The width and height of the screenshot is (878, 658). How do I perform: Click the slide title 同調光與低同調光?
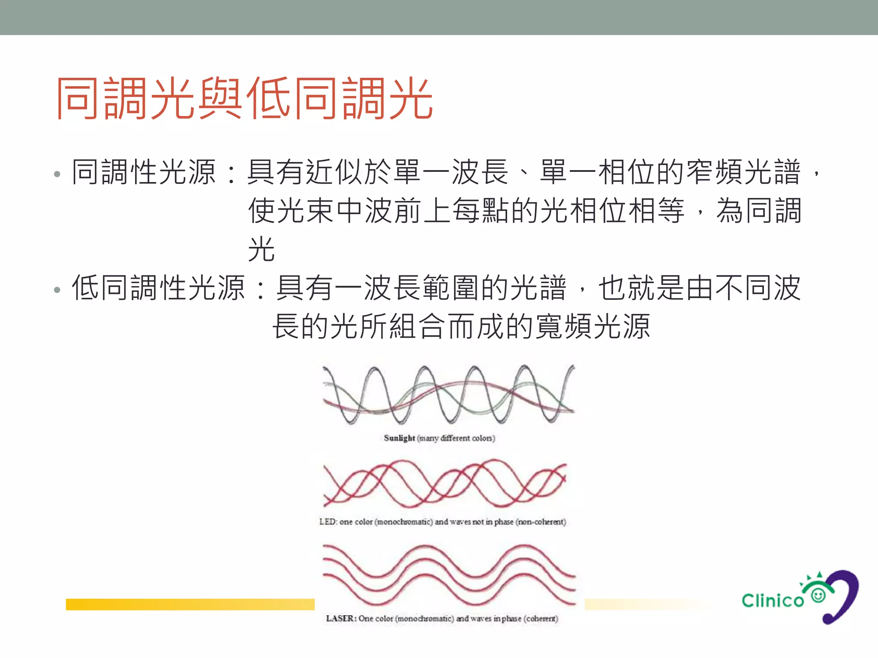click(244, 99)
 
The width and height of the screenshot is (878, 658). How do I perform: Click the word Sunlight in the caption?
click(399, 438)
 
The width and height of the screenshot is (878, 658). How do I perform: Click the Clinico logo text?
click(773, 601)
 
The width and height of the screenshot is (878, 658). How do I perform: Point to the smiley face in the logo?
click(818, 595)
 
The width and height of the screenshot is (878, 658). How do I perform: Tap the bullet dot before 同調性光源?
click(57, 174)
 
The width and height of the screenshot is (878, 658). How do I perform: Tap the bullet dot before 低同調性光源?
click(57, 290)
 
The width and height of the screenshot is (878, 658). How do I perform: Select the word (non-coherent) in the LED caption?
click(541, 522)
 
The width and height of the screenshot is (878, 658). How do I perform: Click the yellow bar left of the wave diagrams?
click(190, 604)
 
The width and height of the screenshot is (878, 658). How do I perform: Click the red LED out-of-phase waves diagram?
click(445, 483)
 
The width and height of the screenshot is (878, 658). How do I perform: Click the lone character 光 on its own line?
click(261, 249)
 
